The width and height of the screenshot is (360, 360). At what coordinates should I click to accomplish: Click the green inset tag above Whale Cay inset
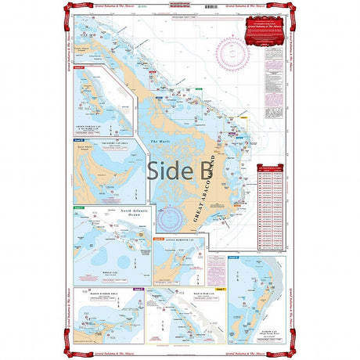79,207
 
